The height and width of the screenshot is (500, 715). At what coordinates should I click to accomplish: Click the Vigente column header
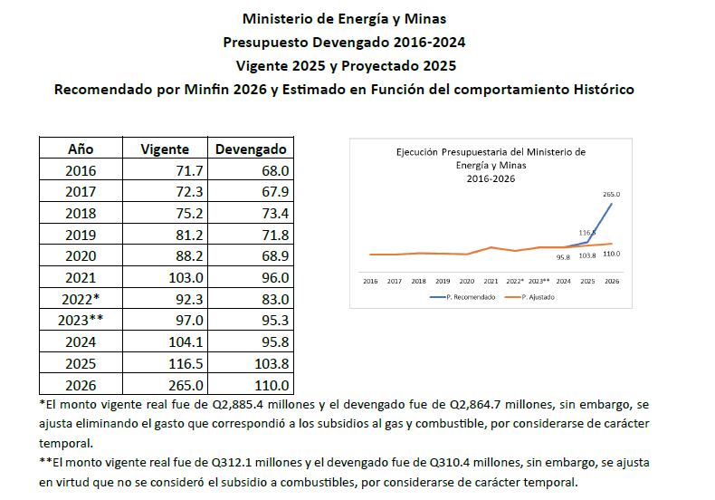pyautogui.click(x=166, y=149)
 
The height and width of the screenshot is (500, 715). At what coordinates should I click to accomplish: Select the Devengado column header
pyautogui.click(x=249, y=149)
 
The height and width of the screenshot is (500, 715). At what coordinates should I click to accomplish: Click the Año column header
pyautogui.click(x=81, y=149)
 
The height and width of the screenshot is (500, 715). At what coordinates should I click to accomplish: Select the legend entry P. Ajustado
pyautogui.click(x=536, y=297)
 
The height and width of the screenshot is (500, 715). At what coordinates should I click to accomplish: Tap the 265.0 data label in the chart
pyautogui.click(x=611, y=194)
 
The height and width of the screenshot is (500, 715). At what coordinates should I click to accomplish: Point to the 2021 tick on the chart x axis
pyautogui.click(x=491, y=282)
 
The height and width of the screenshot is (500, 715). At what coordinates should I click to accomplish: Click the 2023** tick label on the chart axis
pyautogui.click(x=539, y=282)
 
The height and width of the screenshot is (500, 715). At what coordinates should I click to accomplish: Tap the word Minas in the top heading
pyautogui.click(x=426, y=18)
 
